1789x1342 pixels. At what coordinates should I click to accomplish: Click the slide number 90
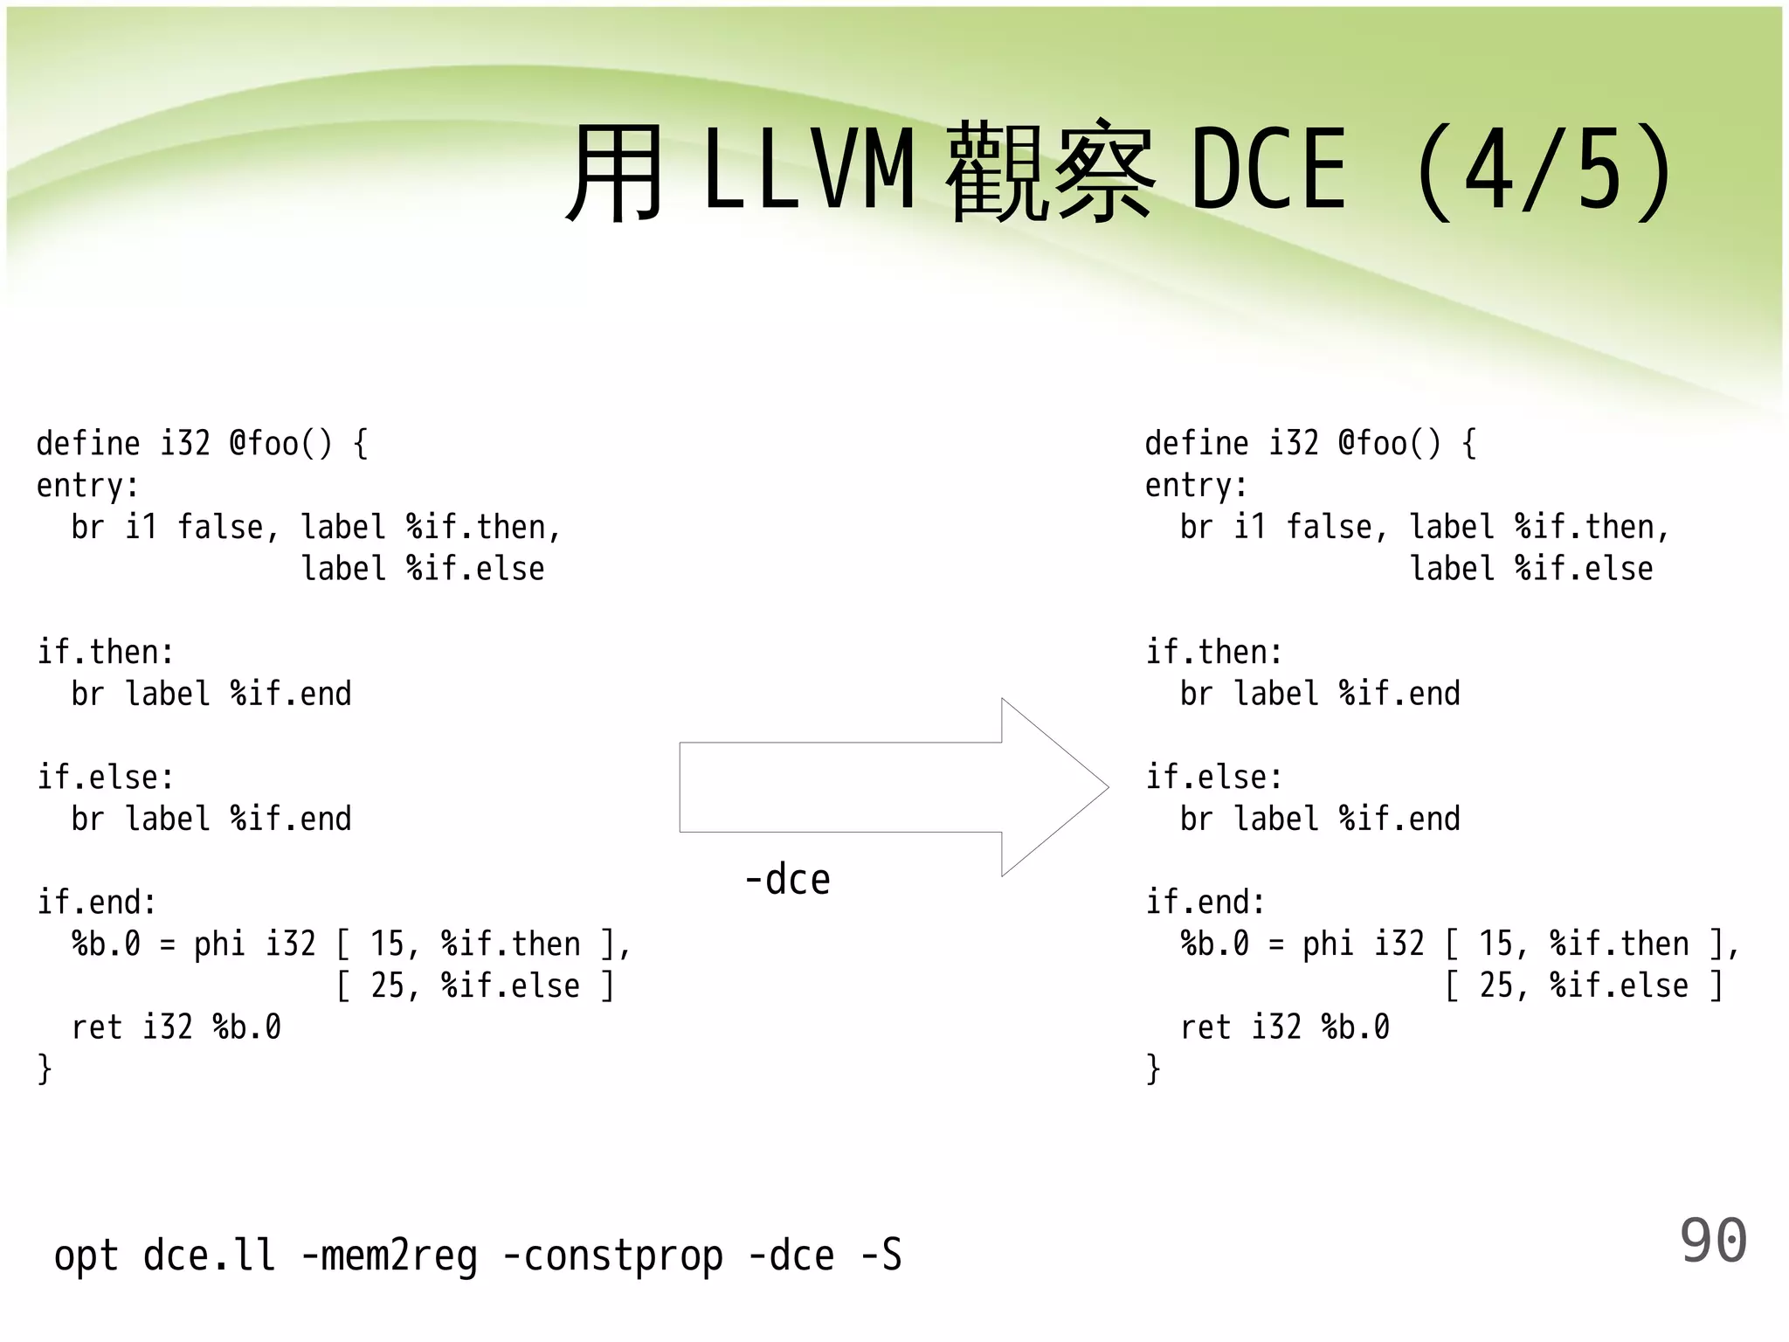click(x=1712, y=1241)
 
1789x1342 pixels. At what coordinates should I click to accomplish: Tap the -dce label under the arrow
click(x=787, y=879)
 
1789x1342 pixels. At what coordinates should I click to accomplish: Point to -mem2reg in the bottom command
click(x=390, y=1256)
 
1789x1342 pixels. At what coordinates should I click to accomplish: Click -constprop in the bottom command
click(x=613, y=1256)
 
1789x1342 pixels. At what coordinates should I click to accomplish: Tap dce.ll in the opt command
click(x=209, y=1256)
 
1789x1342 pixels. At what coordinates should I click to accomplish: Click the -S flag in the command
click(x=881, y=1256)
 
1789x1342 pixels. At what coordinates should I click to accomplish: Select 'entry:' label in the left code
click(x=87, y=486)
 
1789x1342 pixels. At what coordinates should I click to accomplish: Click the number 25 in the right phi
click(x=1495, y=986)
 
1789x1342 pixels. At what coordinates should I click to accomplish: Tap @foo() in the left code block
click(x=280, y=444)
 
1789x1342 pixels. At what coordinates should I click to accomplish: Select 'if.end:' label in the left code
click(x=96, y=903)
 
